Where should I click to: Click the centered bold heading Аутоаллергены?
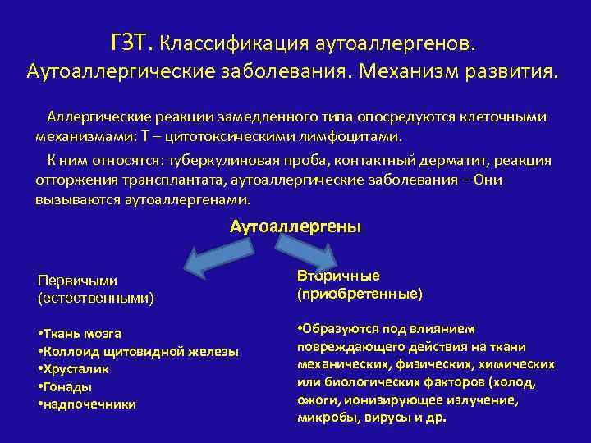click(295, 226)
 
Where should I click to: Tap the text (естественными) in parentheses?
click(96, 298)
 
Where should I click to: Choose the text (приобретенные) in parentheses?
click(360, 292)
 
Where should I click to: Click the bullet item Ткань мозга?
click(80, 334)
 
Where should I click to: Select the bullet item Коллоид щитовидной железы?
click(139, 351)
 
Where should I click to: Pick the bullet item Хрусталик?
click(76, 369)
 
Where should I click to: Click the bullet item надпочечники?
click(88, 404)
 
